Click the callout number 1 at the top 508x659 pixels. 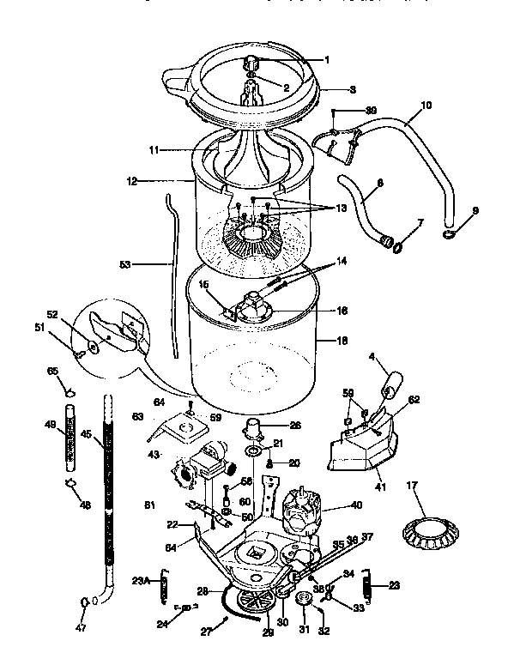coord(327,59)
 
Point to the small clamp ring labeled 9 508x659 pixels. coord(451,233)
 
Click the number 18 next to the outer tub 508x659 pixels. coord(342,341)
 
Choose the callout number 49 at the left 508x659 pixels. coord(50,424)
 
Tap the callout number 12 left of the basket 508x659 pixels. coord(131,181)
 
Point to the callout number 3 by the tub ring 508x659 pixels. coord(352,88)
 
